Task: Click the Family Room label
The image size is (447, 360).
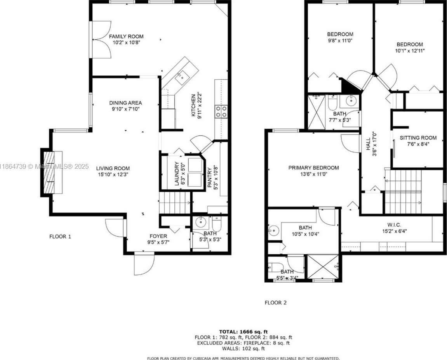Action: click(x=126, y=37)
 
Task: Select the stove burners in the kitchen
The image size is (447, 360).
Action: click(x=221, y=111)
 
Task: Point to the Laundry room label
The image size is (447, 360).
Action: click(x=176, y=174)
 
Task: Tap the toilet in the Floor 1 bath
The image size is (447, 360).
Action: click(x=217, y=224)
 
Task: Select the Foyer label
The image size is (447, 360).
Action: click(x=158, y=236)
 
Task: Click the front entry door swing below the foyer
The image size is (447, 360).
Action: click(x=144, y=264)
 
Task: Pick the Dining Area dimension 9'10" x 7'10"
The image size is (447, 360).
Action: click(x=125, y=109)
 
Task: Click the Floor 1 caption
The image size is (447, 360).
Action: click(x=60, y=236)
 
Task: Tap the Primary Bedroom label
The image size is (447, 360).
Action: click(x=313, y=168)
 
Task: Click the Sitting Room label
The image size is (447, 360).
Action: click(x=418, y=138)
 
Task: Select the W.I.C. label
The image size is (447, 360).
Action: click(x=394, y=225)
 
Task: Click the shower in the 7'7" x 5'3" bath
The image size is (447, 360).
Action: click(x=317, y=112)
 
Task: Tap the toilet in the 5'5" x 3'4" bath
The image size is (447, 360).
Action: click(x=273, y=268)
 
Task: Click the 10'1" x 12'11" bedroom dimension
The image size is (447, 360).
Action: click(x=410, y=51)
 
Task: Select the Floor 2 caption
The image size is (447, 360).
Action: click(x=276, y=302)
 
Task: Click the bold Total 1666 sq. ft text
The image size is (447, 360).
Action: click(x=244, y=332)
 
